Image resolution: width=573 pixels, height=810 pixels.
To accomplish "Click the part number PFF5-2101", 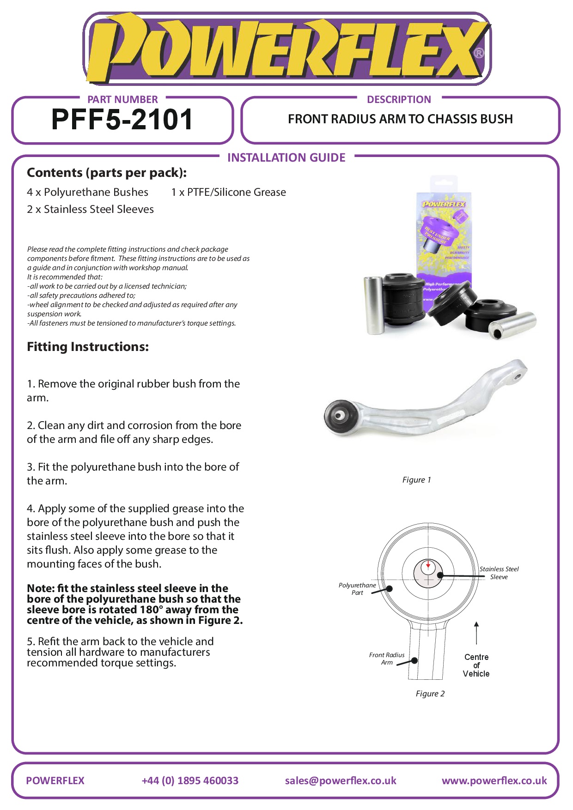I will [122, 120].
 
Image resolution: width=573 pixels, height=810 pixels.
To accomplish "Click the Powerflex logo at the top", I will [286, 48].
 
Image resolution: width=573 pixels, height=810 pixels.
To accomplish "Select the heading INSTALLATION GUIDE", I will [286, 157].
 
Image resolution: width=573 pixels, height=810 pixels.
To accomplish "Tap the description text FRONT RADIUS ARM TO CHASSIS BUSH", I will [400, 119].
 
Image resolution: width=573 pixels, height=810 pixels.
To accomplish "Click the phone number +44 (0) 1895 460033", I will [190, 780].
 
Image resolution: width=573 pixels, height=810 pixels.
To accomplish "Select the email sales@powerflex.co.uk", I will [341, 780].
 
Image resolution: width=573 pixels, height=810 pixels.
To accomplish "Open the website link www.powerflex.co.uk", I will [494, 780].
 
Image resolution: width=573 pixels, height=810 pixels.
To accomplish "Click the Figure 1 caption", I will [416, 480].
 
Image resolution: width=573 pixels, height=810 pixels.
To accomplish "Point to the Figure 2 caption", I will [430, 694].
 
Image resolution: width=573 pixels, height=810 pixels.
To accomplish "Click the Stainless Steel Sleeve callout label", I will [499, 573].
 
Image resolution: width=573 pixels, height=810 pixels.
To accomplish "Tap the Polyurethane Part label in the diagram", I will [357, 589].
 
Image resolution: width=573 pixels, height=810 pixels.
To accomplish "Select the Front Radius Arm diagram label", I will [387, 659].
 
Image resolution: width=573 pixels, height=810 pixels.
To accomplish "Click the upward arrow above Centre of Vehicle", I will [476, 633].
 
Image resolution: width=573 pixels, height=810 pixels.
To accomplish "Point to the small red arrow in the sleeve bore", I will [428, 565].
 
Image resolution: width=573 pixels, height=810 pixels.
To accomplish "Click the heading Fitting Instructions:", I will [88, 347].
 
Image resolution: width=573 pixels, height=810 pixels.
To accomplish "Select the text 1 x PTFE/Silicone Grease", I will [228, 192].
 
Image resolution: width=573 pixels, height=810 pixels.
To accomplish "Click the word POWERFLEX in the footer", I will [55, 780].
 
